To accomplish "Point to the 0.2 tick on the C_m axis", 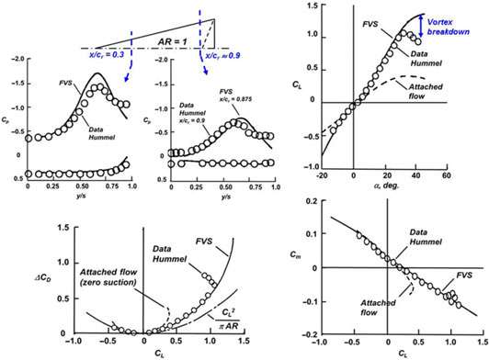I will point(309,199).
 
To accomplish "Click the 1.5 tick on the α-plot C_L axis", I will point(312,6).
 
